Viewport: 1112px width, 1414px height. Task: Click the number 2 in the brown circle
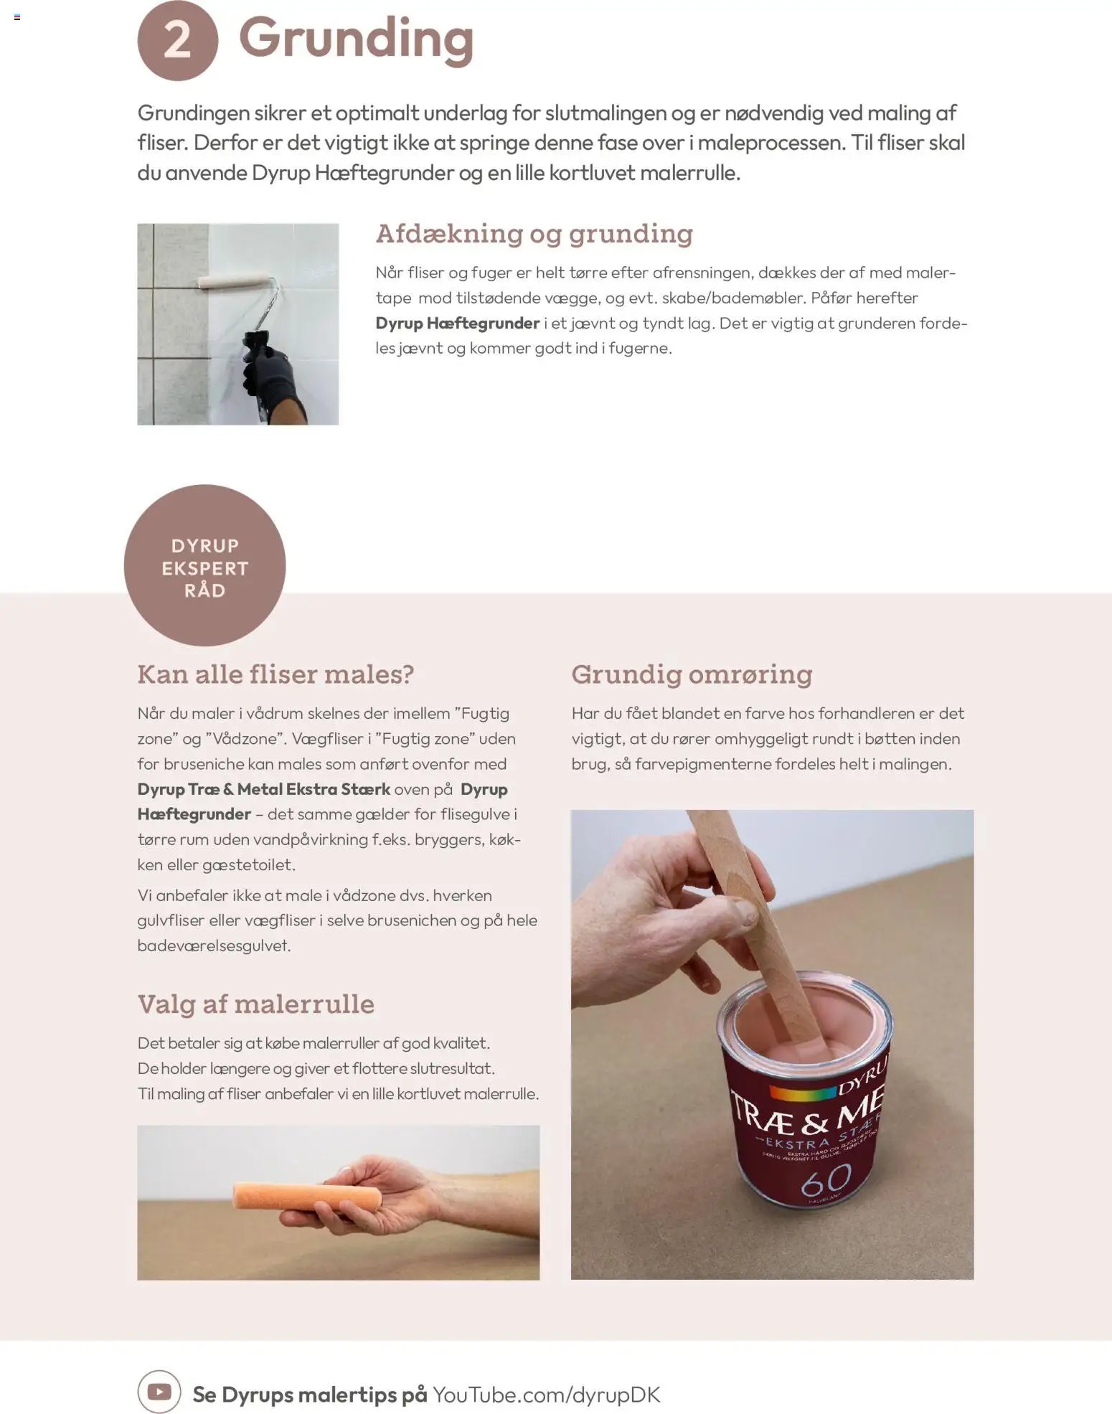click(x=177, y=40)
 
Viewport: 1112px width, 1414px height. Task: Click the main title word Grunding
click(x=357, y=40)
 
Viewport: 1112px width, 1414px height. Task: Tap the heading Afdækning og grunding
click(x=534, y=234)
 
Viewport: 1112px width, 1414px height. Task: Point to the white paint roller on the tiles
click(x=236, y=281)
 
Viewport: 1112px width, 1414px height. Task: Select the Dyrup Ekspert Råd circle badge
click(x=204, y=565)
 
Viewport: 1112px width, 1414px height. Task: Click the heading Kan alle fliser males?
click(x=276, y=674)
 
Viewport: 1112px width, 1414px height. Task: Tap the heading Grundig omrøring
click(x=692, y=674)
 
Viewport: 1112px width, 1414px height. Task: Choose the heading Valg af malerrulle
click(x=256, y=1004)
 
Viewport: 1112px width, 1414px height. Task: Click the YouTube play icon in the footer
click(x=159, y=1392)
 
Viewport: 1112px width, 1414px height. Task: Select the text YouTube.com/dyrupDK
click(x=546, y=1395)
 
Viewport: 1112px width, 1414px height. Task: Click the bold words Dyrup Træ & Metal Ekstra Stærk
click(x=264, y=789)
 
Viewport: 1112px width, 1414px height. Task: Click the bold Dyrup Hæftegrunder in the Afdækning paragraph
click(x=458, y=324)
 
